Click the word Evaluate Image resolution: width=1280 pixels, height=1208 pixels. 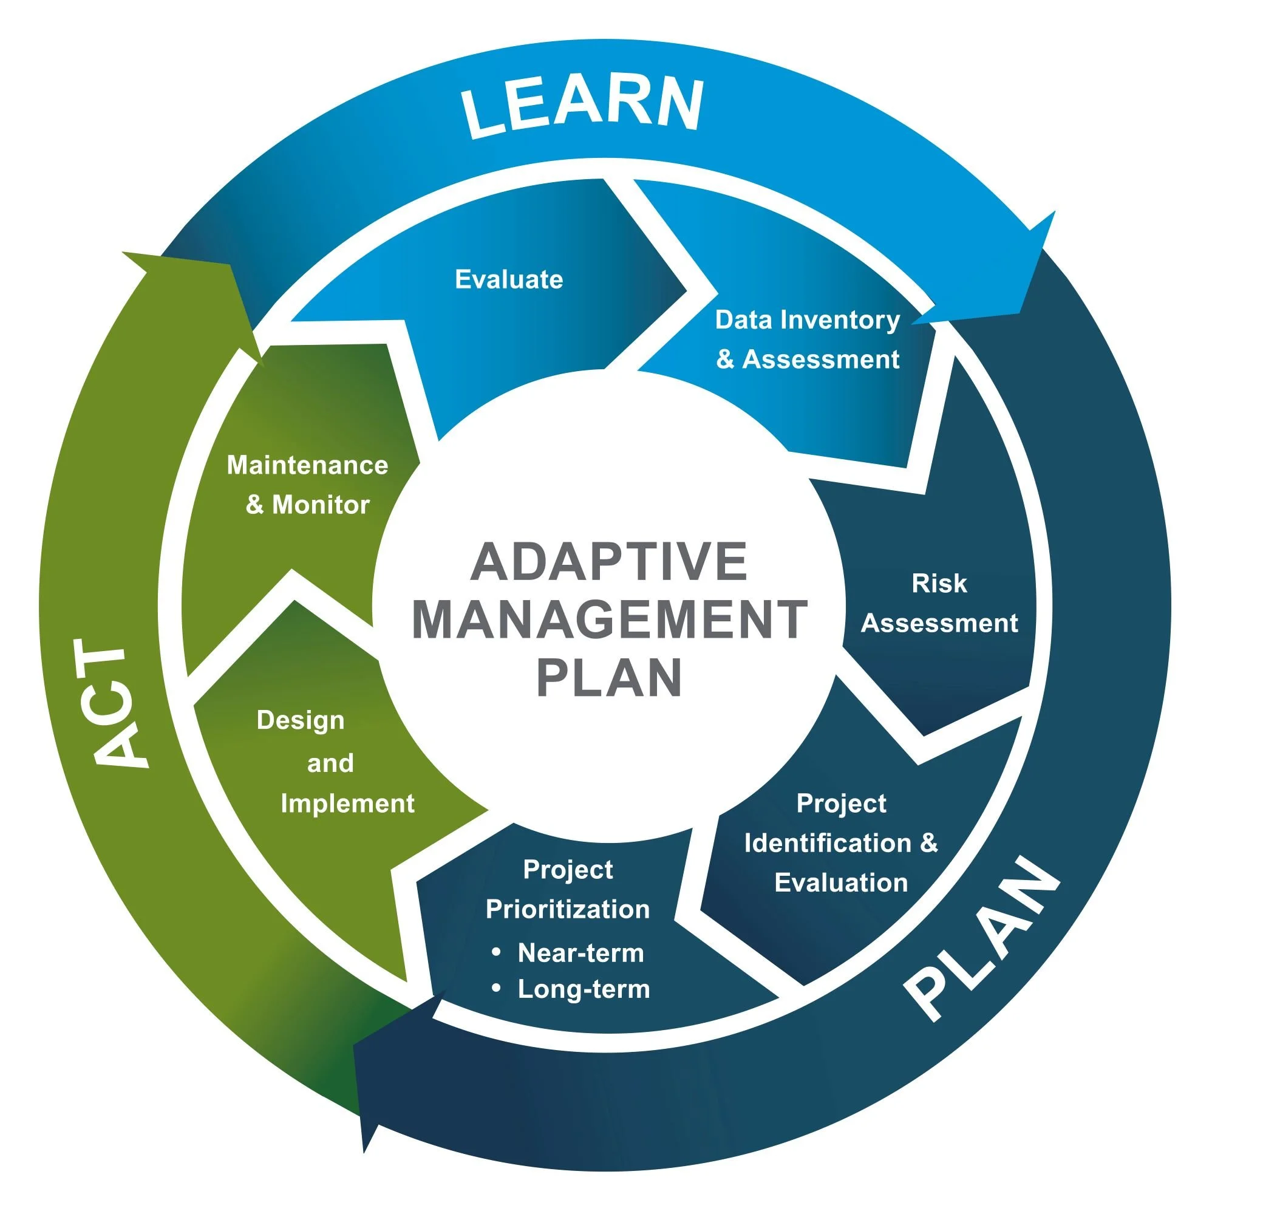pyautogui.click(x=509, y=279)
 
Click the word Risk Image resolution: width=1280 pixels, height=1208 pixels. pyautogui.click(x=939, y=584)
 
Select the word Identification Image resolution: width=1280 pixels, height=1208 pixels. pyautogui.click(x=828, y=843)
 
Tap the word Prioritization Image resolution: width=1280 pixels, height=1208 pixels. pyautogui.click(x=567, y=909)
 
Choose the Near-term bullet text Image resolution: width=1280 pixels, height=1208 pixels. pyautogui.click(x=580, y=953)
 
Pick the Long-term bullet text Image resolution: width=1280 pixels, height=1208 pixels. pyautogui.click(x=584, y=989)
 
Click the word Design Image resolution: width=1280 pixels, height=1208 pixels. pyautogui.click(x=300, y=720)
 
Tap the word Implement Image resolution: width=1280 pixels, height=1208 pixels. pyautogui.click(x=347, y=804)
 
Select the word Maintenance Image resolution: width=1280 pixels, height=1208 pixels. pyautogui.click(x=307, y=465)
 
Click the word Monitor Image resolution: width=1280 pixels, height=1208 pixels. pyautogui.click(x=321, y=505)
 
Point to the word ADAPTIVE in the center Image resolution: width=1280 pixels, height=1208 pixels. pyautogui.click(x=608, y=562)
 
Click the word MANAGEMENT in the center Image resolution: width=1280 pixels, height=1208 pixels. pyautogui.click(x=609, y=619)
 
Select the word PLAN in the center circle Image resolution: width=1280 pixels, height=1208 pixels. pyautogui.click(x=609, y=677)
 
